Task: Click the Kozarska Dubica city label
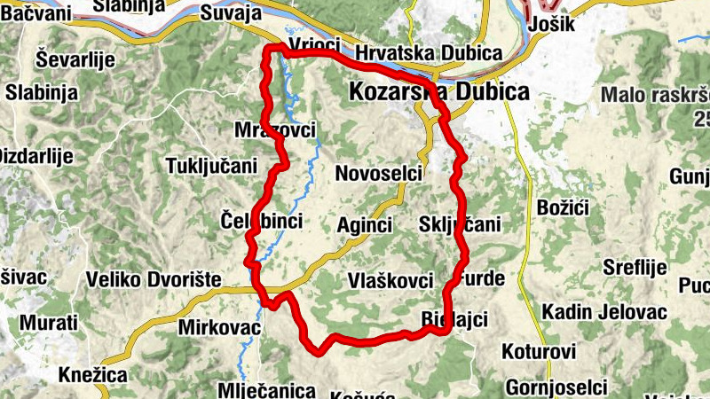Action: tap(439, 91)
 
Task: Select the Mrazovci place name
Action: tap(275, 130)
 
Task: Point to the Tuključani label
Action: tap(211, 166)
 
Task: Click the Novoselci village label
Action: tap(378, 174)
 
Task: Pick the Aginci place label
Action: tap(365, 225)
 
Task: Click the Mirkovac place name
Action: tap(219, 327)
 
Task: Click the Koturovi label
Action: tap(539, 350)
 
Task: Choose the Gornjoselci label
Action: tap(556, 387)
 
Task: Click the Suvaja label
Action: tap(231, 13)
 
